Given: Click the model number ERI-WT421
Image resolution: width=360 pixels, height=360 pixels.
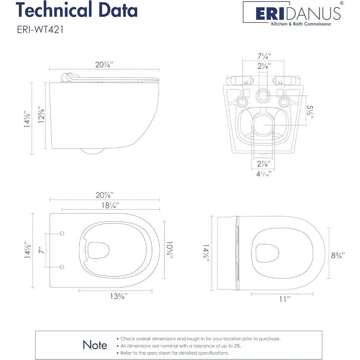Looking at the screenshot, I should click(40, 30).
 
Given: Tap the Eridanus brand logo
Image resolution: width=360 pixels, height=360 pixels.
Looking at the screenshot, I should click(292, 13).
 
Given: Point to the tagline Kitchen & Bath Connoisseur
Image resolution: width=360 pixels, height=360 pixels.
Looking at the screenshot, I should click(301, 24).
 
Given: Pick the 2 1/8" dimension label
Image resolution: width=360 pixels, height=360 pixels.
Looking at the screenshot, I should click(264, 66).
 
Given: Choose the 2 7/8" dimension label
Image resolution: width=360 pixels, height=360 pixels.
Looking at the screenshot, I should click(262, 165).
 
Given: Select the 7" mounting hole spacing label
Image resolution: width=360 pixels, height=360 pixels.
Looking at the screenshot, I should click(42, 250).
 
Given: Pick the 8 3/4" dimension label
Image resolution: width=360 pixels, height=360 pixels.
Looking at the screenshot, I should click(338, 256).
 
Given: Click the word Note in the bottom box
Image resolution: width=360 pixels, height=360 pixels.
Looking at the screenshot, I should click(95, 345).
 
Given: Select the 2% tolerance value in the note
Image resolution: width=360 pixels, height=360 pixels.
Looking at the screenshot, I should click(235, 346).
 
